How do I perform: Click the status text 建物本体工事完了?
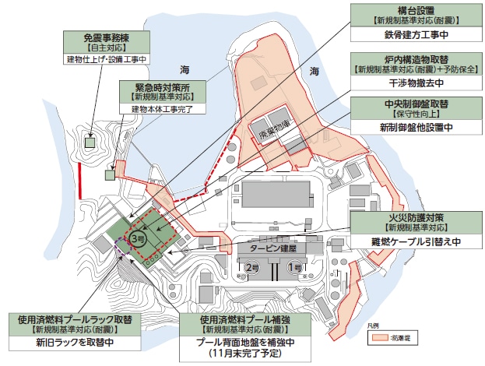163,109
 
